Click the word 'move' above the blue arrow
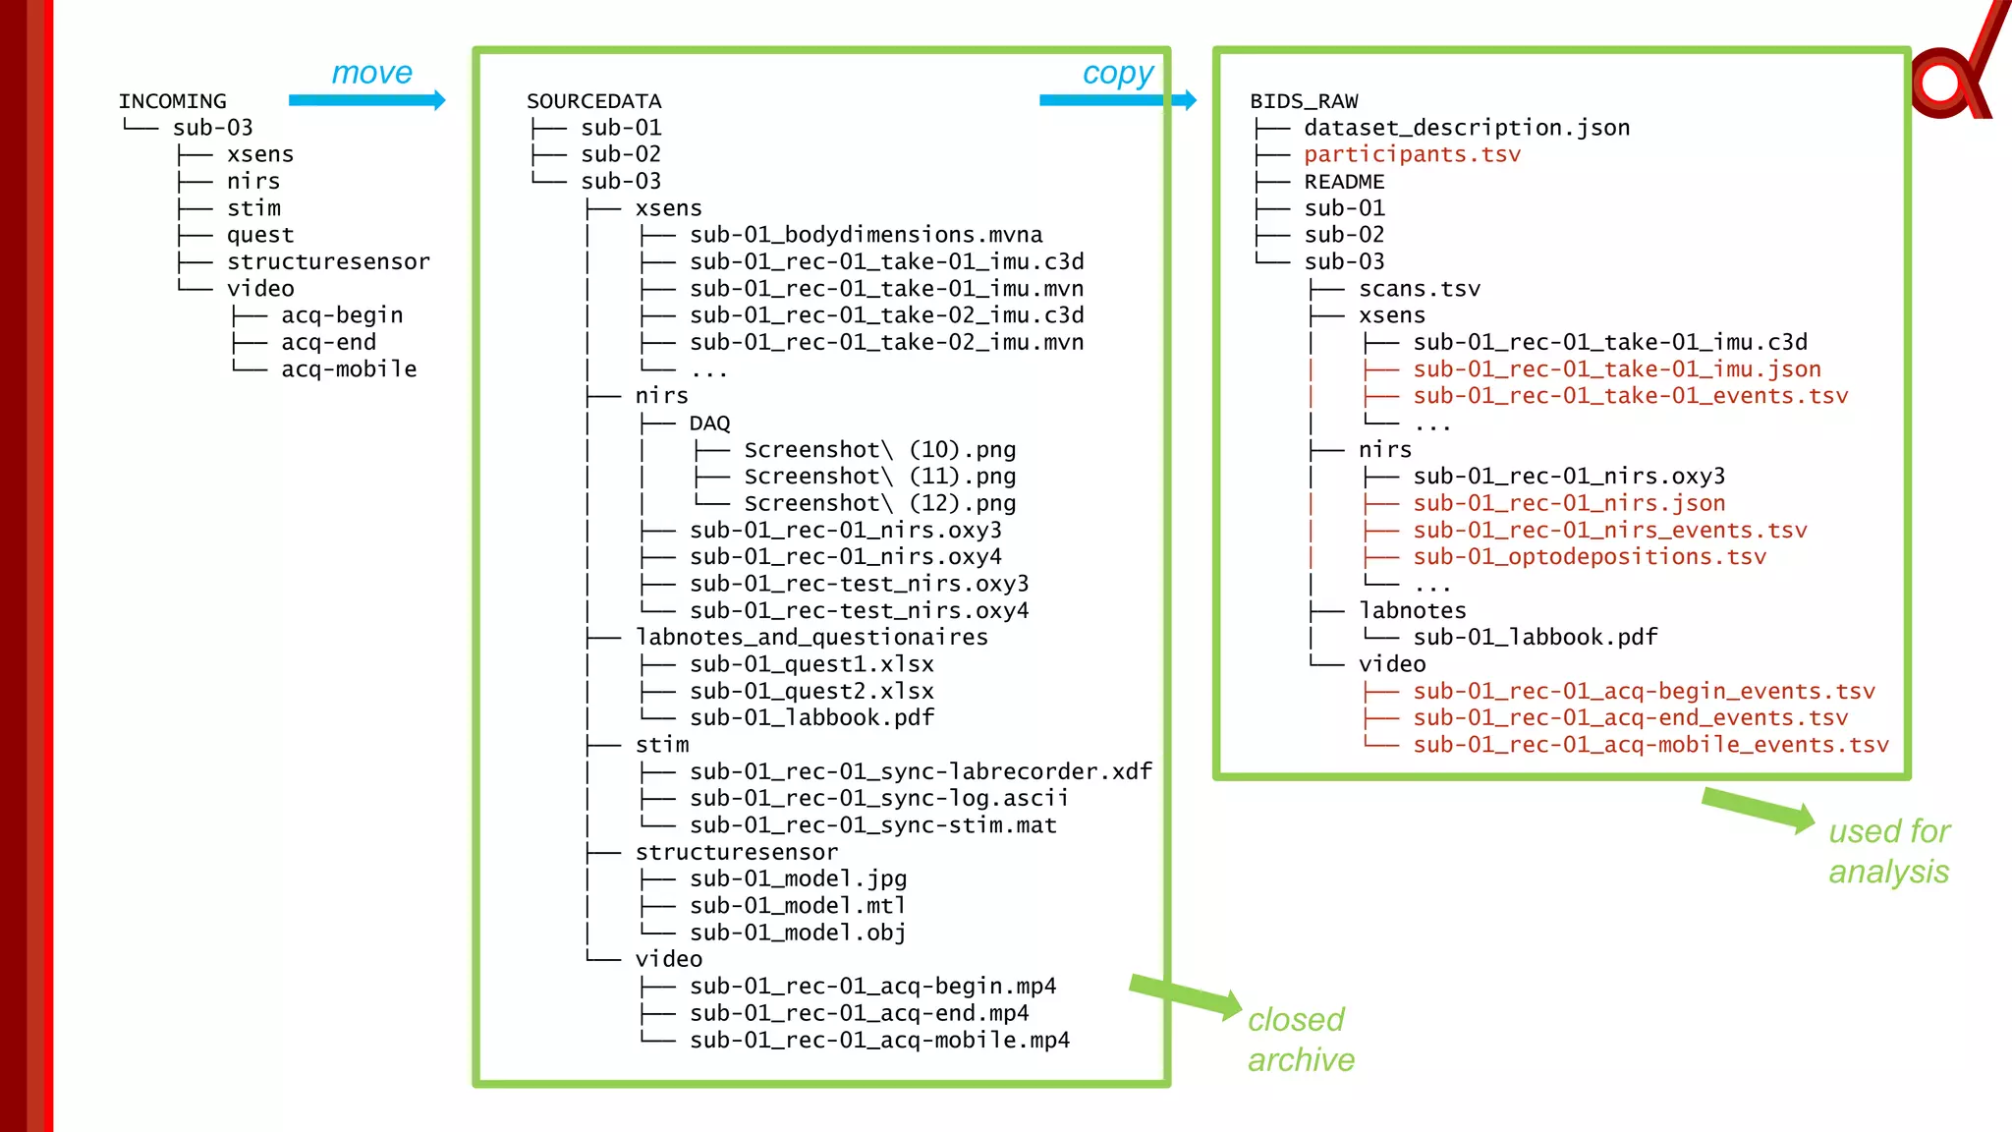(371, 73)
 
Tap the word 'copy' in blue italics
(1118, 74)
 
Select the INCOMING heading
(172, 101)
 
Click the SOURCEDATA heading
(593, 101)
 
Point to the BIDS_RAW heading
(1304, 101)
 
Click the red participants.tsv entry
(1412, 154)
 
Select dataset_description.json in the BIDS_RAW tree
(1467, 128)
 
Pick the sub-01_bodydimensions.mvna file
(866, 235)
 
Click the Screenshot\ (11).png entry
(879, 477)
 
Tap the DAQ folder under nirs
(709, 424)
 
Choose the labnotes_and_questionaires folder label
(811, 638)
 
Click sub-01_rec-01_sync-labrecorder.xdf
(921, 772)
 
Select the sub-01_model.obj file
(797, 933)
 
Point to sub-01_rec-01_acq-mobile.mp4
(879, 1041)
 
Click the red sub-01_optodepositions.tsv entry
(1589, 557)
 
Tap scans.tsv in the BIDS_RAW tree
(1419, 289)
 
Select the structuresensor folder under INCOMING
(328, 262)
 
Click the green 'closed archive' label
(1300, 1040)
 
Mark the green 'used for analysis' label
(1888, 851)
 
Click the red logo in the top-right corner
(1955, 74)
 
